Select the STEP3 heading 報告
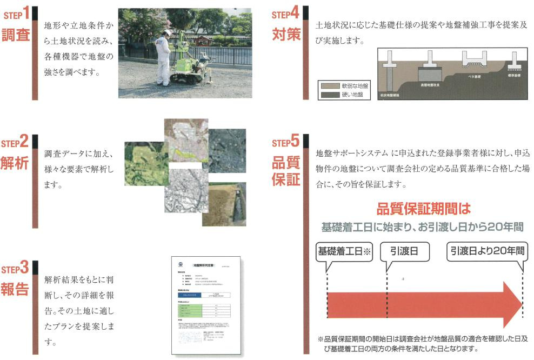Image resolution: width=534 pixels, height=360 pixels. coord(15,289)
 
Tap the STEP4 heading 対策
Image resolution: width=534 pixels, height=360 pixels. coord(286,34)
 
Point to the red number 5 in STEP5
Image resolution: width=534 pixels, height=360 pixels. coord(295,142)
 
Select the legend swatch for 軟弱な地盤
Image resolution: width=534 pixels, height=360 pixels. coord(328,86)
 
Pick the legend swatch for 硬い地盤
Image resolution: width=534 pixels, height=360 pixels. coord(328,95)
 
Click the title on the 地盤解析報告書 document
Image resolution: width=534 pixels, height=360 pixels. coord(201,266)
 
